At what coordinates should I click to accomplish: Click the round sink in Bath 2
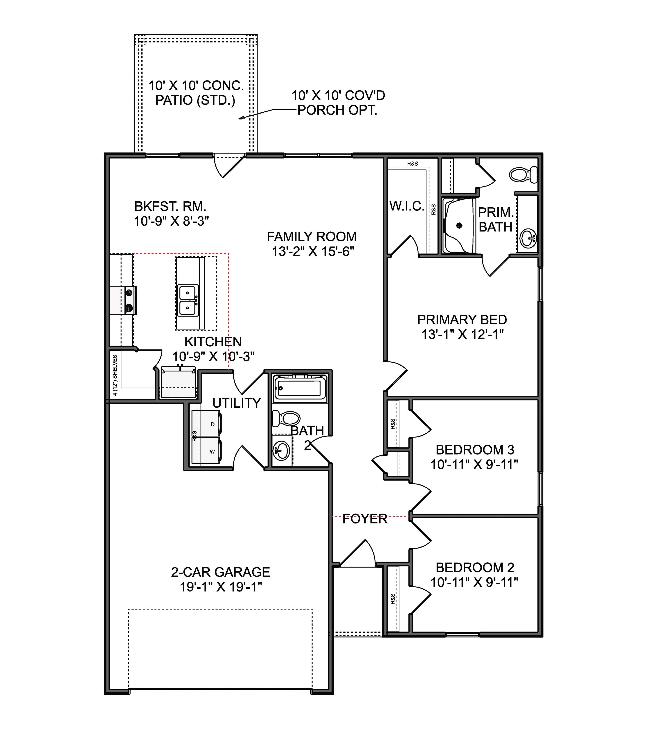click(x=281, y=450)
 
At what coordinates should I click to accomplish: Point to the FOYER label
click(x=365, y=519)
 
